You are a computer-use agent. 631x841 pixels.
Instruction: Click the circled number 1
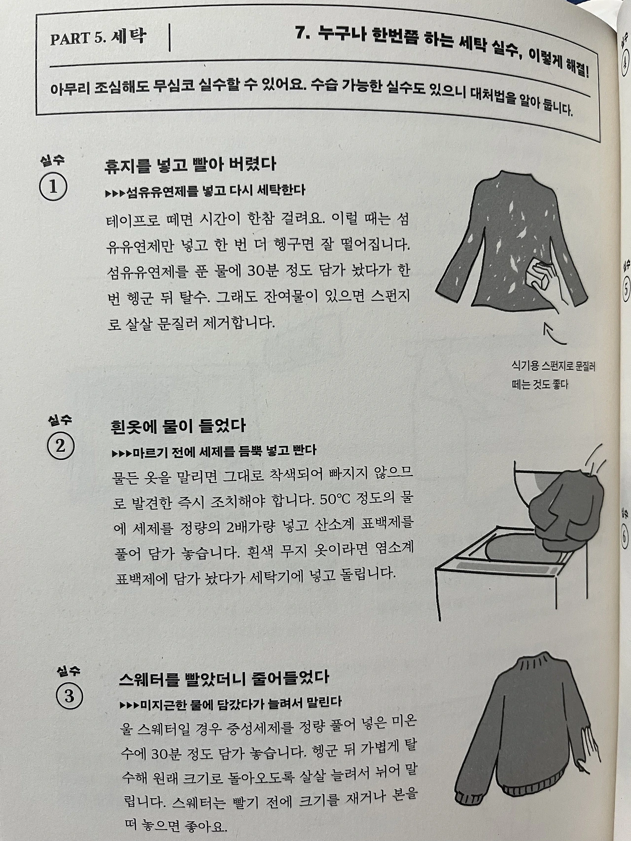(x=53, y=188)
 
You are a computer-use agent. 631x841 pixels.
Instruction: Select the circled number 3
(x=69, y=696)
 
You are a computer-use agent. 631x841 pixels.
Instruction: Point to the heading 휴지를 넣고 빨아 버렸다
(x=190, y=164)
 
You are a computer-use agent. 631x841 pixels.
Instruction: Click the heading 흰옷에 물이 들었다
(x=178, y=425)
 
